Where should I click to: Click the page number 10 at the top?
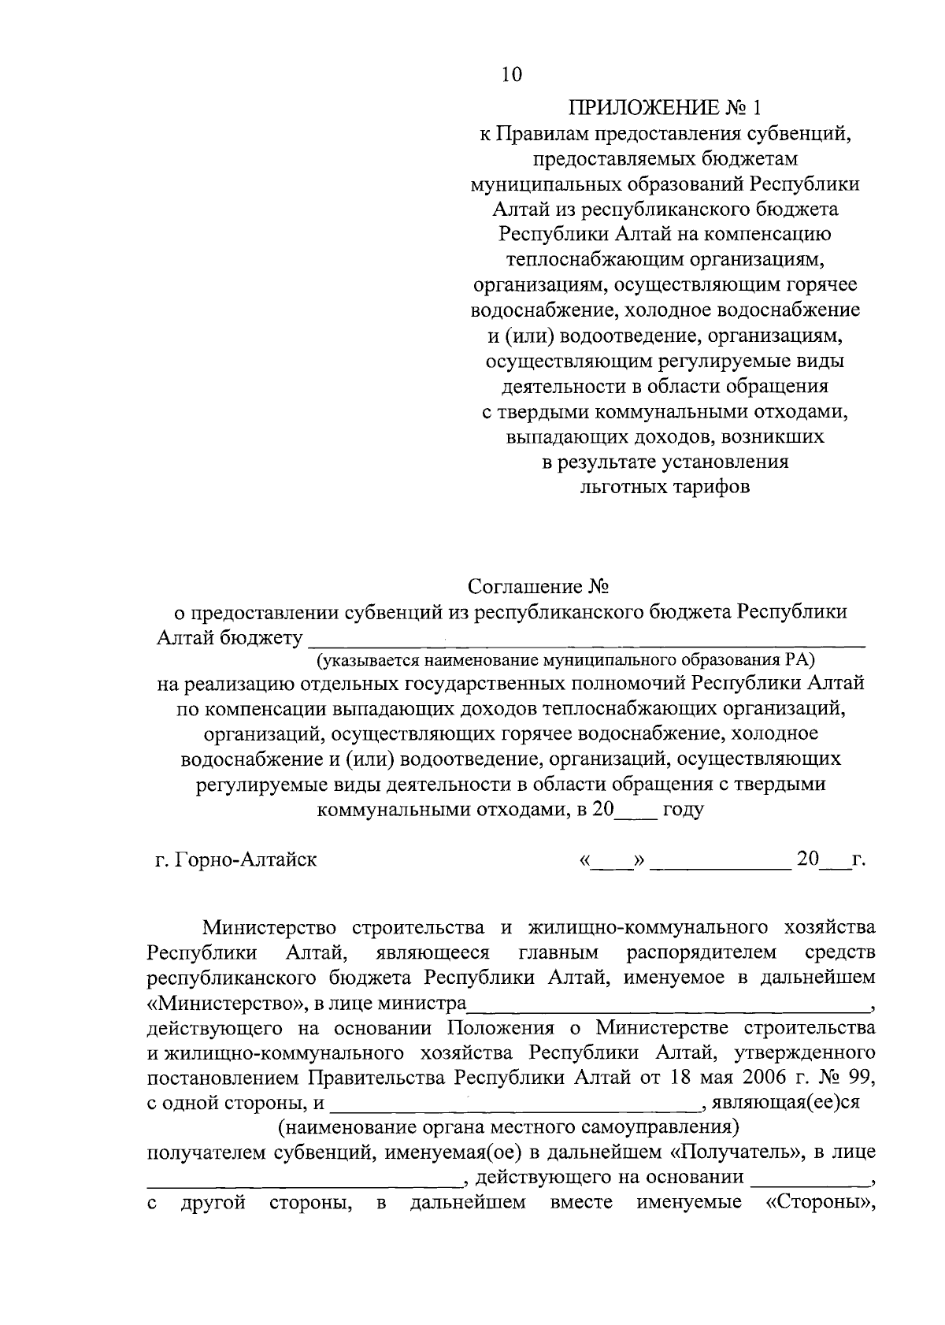tap(510, 75)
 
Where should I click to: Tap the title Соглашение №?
tap(539, 588)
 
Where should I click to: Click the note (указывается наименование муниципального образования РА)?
tap(564, 659)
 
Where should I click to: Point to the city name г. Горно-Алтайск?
tap(236, 859)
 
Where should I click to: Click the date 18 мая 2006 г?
tap(739, 1077)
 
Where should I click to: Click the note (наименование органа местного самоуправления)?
tap(507, 1126)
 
